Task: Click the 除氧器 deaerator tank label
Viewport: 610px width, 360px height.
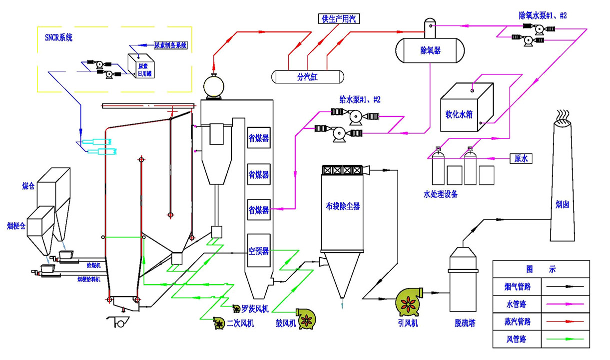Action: click(430, 50)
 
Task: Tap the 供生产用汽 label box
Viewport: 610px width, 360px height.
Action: click(339, 19)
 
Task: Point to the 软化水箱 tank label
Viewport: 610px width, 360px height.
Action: click(459, 114)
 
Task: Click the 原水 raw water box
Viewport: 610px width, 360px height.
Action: click(521, 159)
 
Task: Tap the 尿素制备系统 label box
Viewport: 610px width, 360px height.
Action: click(170, 45)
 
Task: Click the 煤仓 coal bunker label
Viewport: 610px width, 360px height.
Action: click(28, 186)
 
